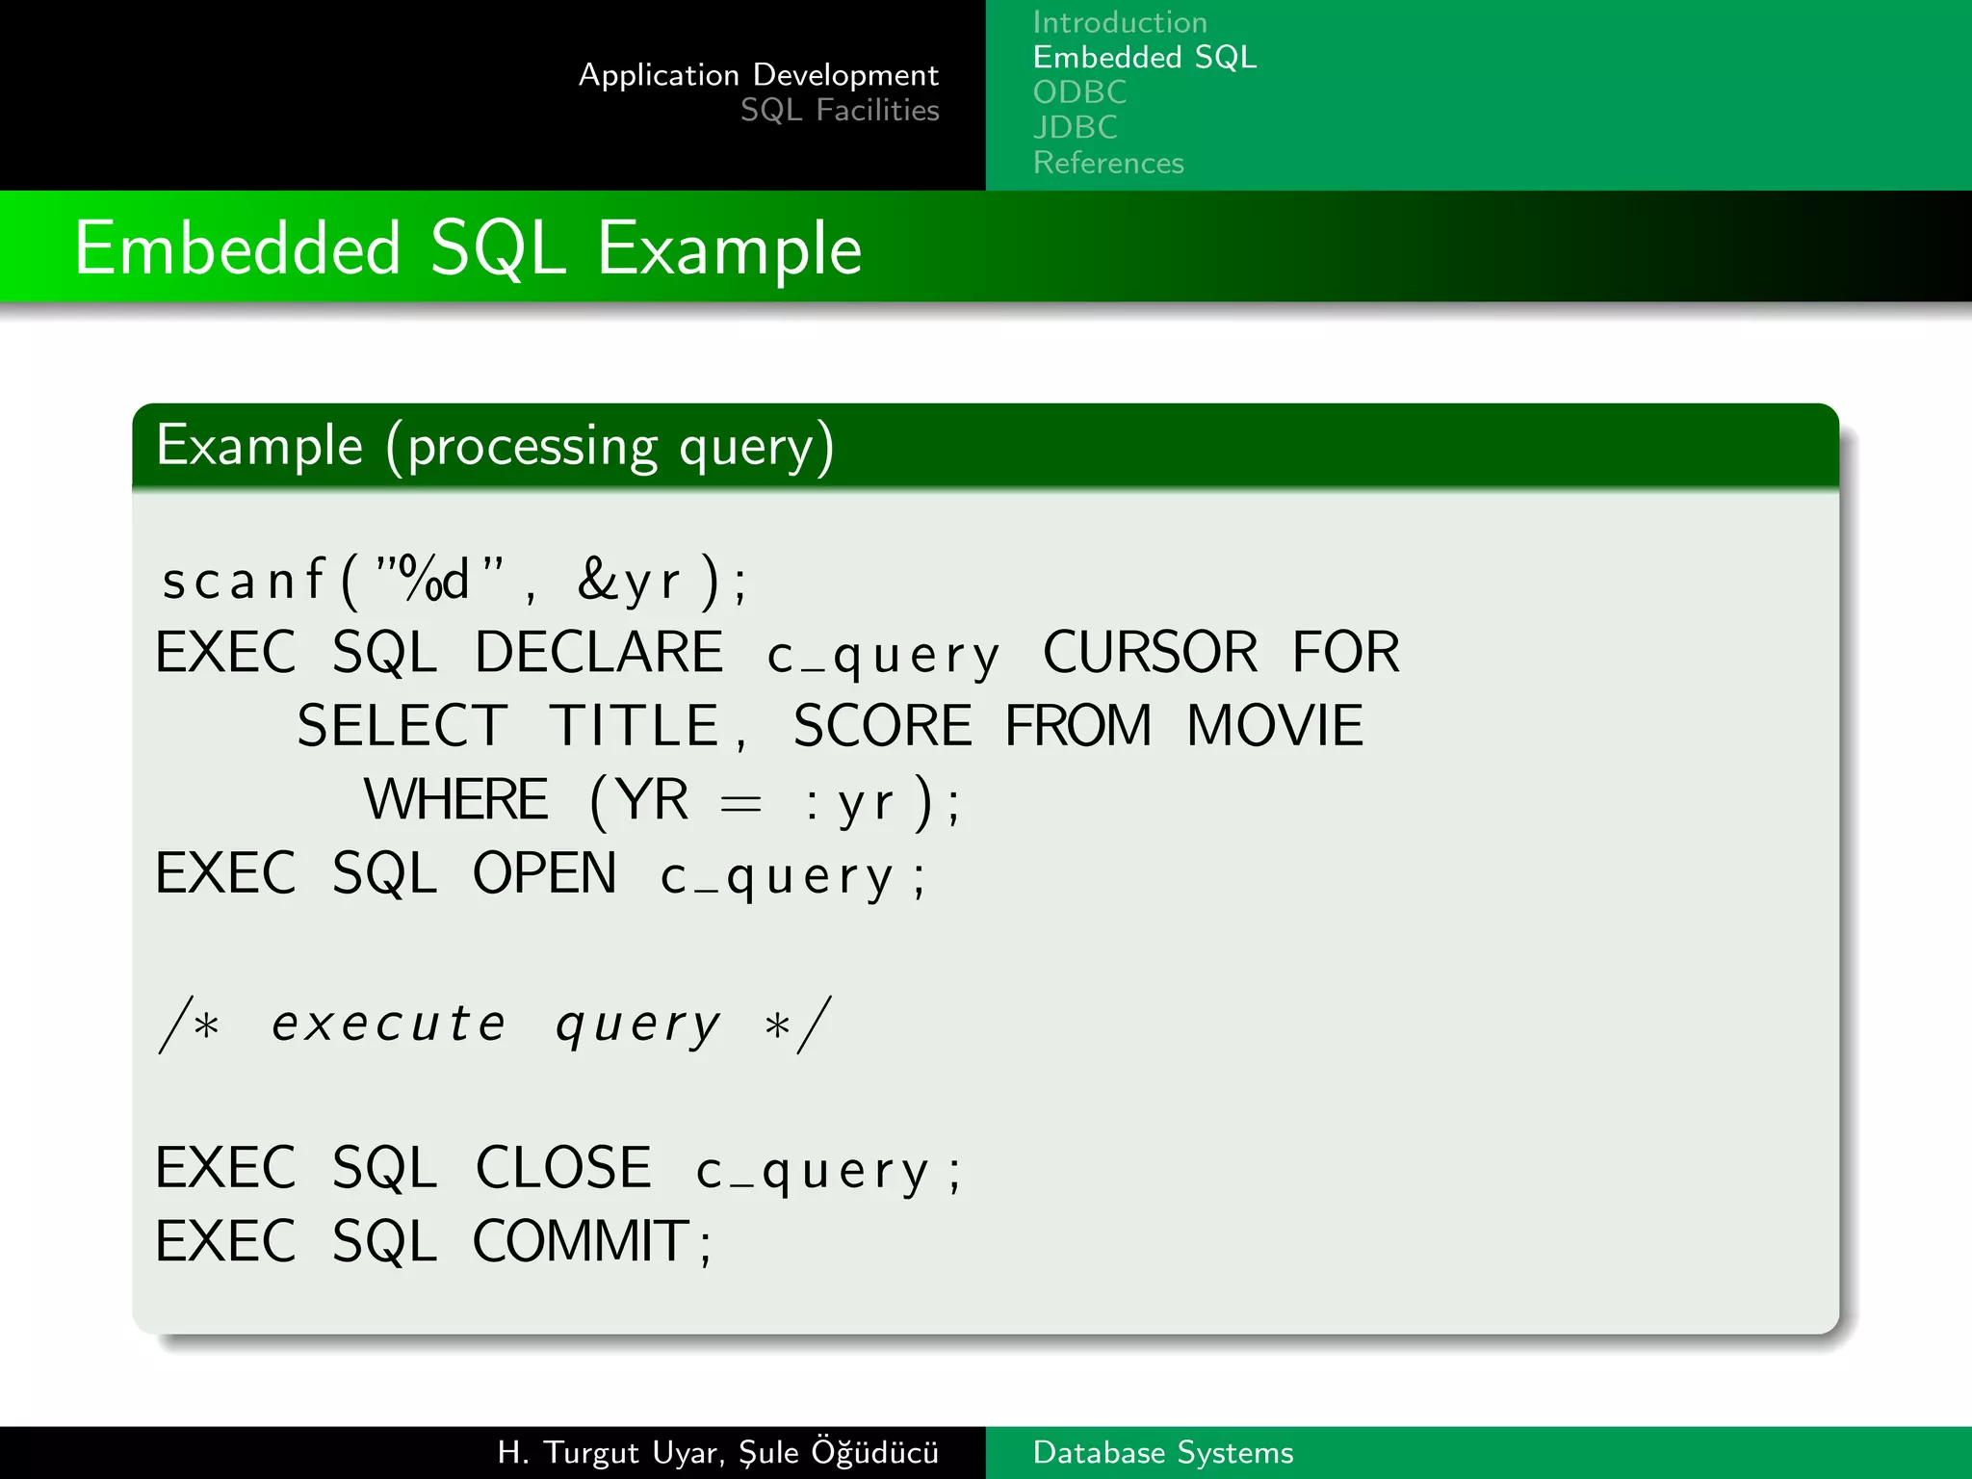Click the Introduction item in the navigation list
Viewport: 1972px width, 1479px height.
1119,22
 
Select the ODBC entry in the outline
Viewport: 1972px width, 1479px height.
1078,92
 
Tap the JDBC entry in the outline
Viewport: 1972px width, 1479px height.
1075,127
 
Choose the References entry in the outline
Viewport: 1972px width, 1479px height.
1107,163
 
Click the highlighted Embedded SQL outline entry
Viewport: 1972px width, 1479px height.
1144,58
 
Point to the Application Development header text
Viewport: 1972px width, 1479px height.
758,75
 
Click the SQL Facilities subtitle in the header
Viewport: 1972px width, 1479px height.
839,111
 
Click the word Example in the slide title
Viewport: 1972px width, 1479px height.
729,248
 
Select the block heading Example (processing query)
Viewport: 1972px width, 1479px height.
495,446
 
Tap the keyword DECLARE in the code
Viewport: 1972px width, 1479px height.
598,653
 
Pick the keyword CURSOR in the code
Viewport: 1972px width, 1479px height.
1150,653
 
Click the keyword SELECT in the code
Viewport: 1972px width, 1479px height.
402,726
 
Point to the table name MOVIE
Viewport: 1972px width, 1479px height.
1274,726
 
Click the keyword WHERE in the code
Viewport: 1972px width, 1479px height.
455,799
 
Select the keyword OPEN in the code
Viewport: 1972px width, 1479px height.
544,873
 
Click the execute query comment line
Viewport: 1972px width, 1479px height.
495,1024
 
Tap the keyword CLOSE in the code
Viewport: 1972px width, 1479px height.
563,1168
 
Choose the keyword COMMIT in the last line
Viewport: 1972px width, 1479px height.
581,1241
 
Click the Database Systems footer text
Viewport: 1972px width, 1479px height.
1162,1452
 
